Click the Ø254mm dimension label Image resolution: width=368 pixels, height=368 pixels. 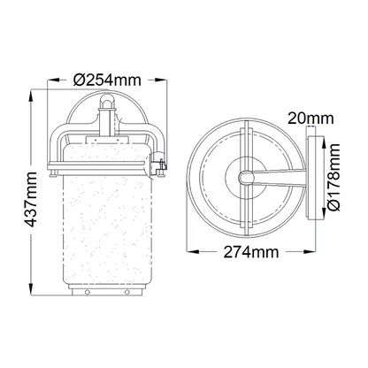[107, 80]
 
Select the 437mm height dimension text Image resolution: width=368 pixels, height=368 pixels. [31, 200]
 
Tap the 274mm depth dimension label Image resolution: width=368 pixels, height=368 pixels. [251, 252]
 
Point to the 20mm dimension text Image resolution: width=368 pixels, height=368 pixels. [310, 119]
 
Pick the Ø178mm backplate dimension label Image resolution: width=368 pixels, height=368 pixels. [333, 177]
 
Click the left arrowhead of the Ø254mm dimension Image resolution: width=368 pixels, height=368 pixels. [53, 80]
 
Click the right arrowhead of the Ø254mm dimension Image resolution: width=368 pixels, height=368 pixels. [162, 80]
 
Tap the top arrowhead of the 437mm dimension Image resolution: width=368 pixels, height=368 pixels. [31, 96]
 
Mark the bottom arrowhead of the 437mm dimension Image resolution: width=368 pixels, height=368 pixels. [31, 289]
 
